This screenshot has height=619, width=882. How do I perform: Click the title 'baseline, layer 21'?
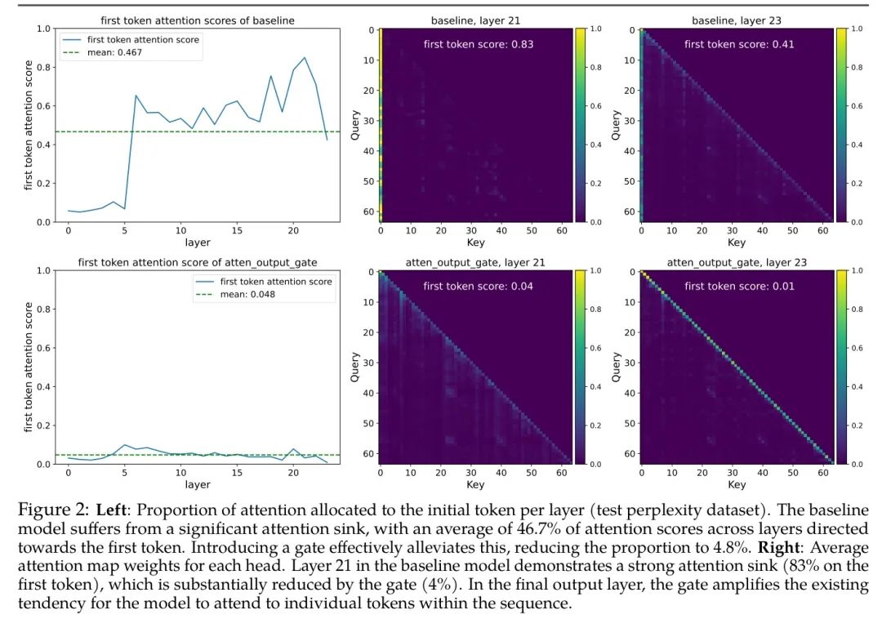pos(475,19)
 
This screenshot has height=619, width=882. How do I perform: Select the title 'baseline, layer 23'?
pos(737,19)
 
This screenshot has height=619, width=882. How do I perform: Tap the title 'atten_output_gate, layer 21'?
pos(475,262)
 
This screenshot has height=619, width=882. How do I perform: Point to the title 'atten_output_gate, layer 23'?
pos(737,262)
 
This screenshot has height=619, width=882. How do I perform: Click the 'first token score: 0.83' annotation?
pos(478,44)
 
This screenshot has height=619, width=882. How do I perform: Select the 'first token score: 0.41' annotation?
pos(739,44)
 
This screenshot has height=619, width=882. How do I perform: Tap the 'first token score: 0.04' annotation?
pos(478,287)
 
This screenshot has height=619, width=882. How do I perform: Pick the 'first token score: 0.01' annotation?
pos(739,287)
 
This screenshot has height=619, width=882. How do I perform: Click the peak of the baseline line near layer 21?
pos(305,58)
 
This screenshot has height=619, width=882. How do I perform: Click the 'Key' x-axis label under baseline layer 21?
pos(475,243)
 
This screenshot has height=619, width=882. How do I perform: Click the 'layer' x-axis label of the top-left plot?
pos(197,243)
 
